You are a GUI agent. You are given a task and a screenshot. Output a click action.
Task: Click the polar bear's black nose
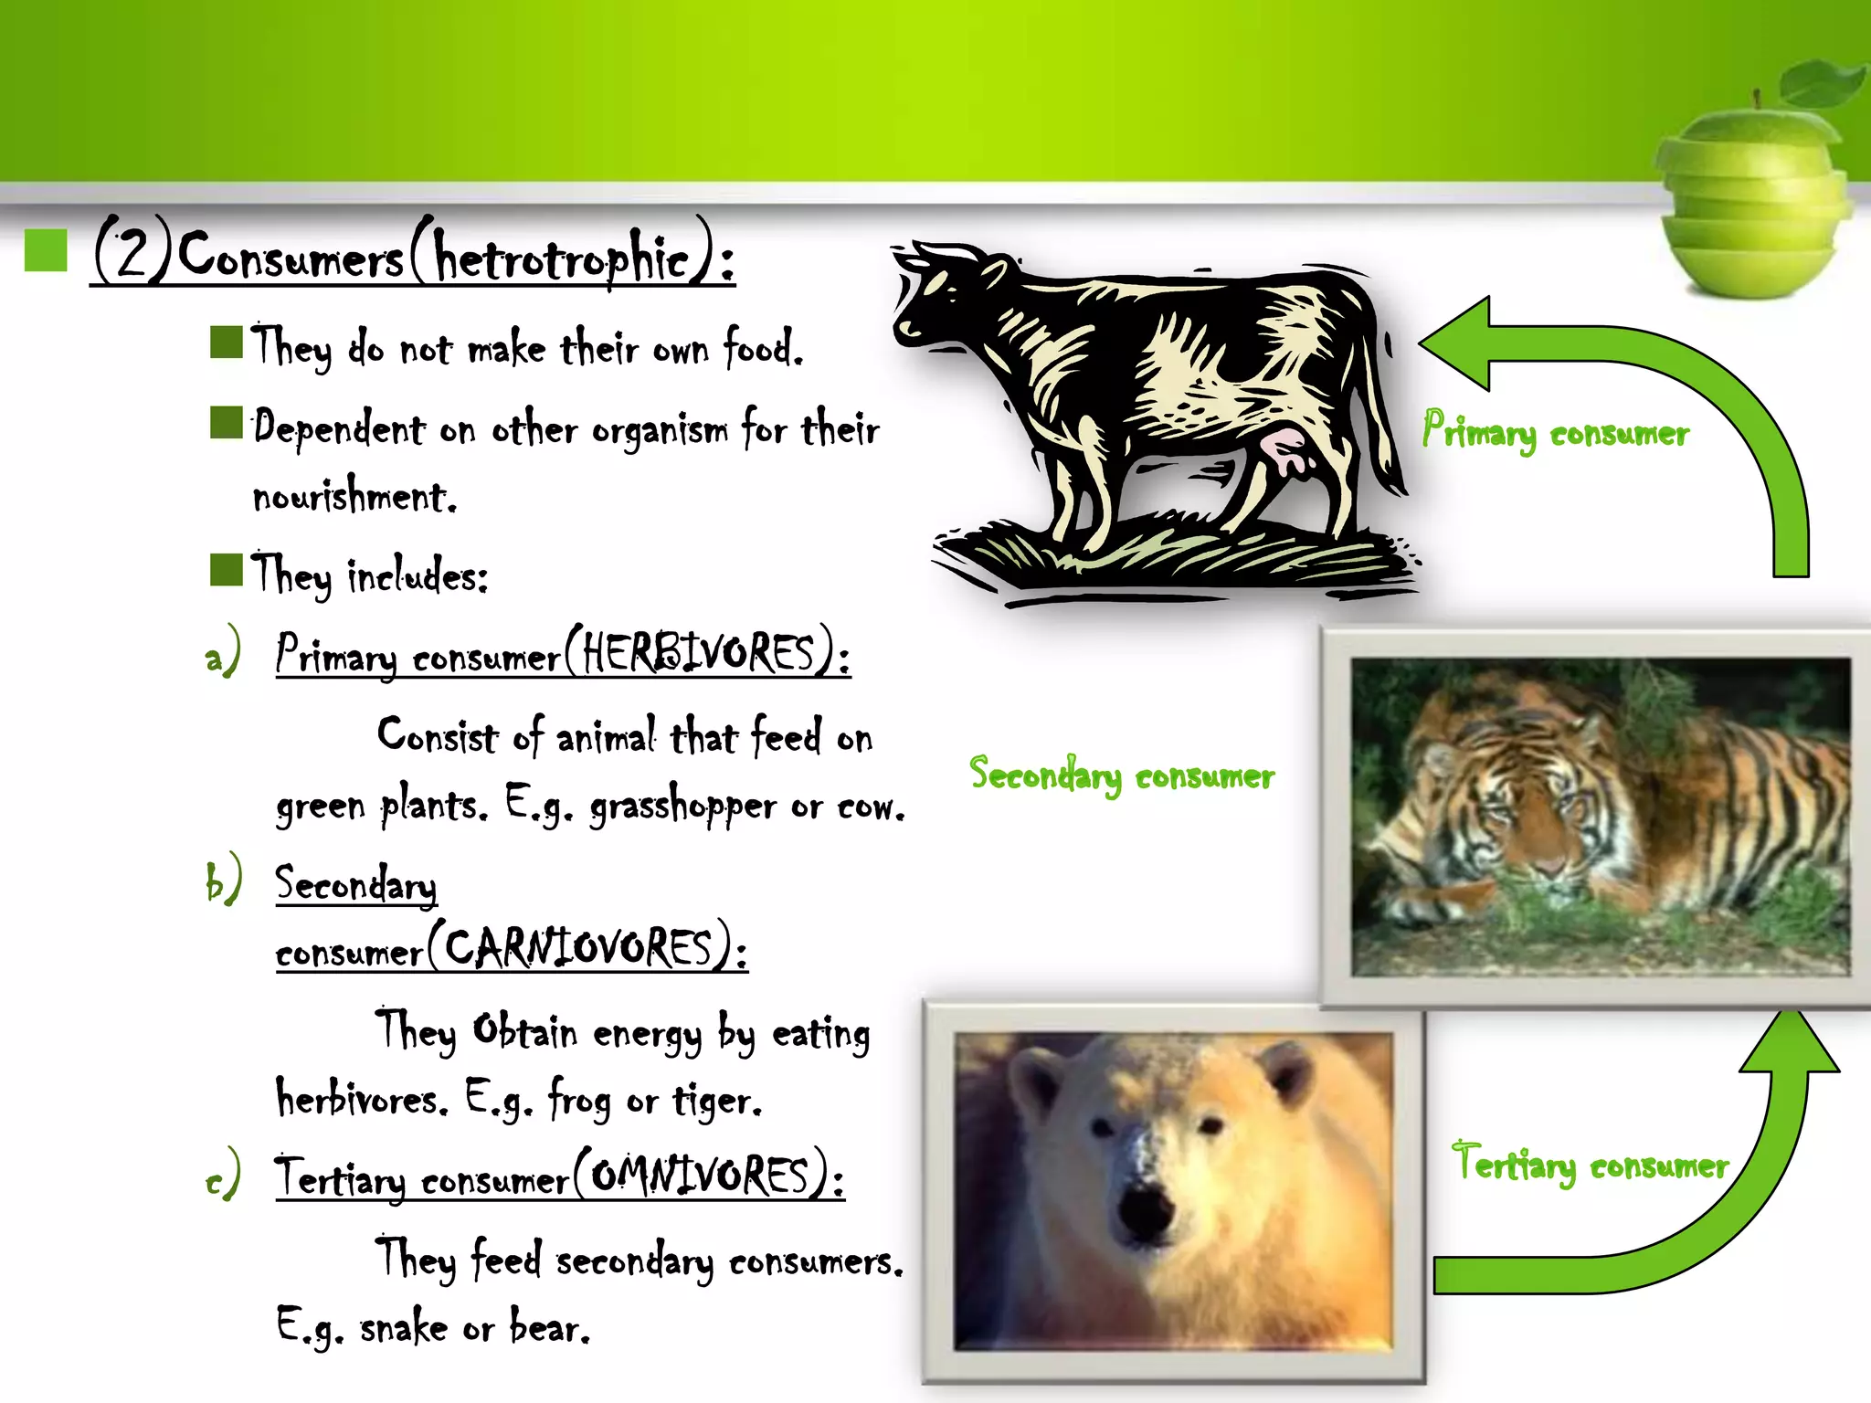point(1143,1210)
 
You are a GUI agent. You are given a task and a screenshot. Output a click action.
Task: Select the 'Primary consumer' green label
point(1555,432)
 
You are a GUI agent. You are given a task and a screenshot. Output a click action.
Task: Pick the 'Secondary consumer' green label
point(1121,775)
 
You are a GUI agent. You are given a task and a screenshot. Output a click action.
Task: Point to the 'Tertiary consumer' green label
point(1590,1164)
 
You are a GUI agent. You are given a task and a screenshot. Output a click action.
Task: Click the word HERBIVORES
point(699,653)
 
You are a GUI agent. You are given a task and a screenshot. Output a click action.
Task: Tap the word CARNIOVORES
point(577,947)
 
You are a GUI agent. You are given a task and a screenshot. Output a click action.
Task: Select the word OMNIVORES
point(700,1175)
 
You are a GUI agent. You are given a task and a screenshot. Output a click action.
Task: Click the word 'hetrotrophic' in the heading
point(561,258)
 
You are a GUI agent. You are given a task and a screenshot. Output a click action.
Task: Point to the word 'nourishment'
point(353,497)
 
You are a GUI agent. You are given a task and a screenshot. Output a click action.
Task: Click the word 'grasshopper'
point(682,807)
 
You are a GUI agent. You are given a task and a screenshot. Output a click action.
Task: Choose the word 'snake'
point(403,1329)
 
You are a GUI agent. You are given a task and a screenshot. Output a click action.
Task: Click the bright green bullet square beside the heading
point(46,250)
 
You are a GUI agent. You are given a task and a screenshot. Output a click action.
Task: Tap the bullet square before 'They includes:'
point(226,569)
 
